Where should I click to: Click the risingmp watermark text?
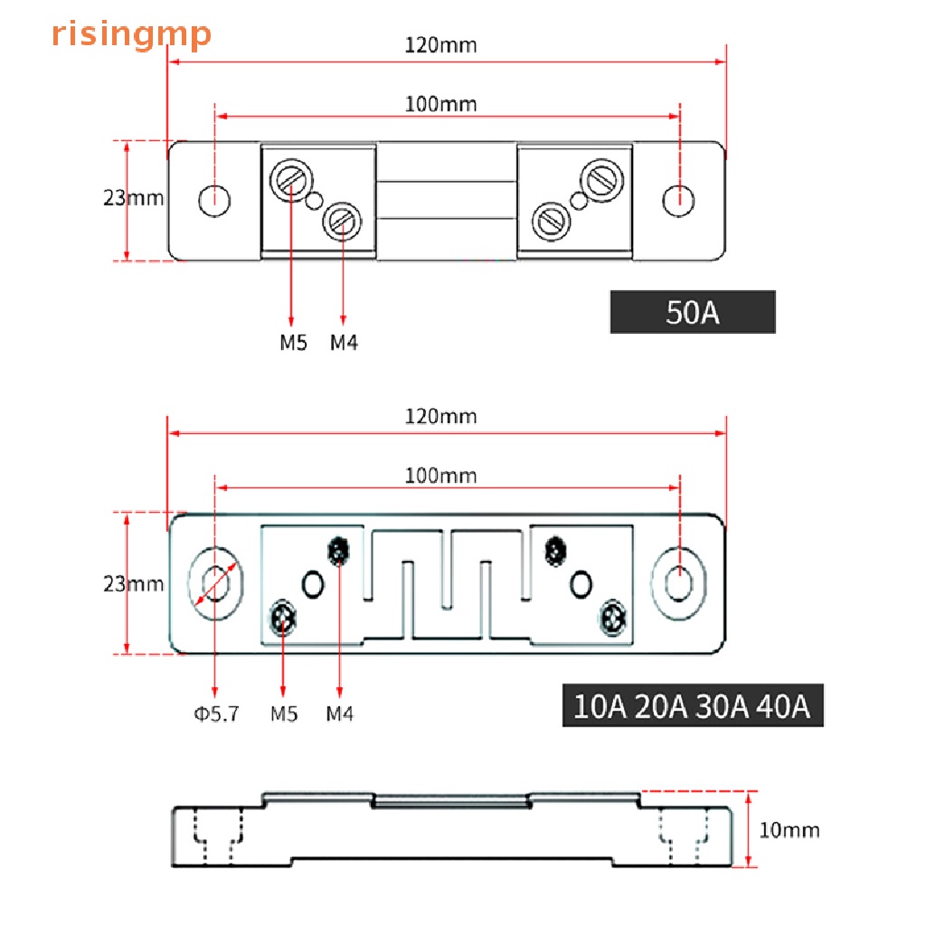[132, 34]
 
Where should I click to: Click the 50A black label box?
[693, 312]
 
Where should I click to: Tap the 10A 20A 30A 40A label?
[693, 705]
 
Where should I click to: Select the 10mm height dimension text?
[789, 829]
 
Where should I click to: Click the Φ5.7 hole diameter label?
[215, 713]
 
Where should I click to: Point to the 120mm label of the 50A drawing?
[440, 44]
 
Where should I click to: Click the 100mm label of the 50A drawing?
[440, 103]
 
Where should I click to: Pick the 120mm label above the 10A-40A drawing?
[440, 416]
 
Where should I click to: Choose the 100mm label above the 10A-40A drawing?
[440, 475]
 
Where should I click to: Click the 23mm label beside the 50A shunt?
[133, 197]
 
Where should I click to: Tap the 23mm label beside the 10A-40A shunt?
[133, 583]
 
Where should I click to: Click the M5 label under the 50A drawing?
[292, 342]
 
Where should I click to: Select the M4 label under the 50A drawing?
[343, 342]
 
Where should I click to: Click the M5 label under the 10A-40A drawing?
[284, 713]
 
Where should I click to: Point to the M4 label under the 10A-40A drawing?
[339, 713]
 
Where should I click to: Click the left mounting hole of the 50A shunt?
[214, 201]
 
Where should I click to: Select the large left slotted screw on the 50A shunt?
[291, 177]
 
